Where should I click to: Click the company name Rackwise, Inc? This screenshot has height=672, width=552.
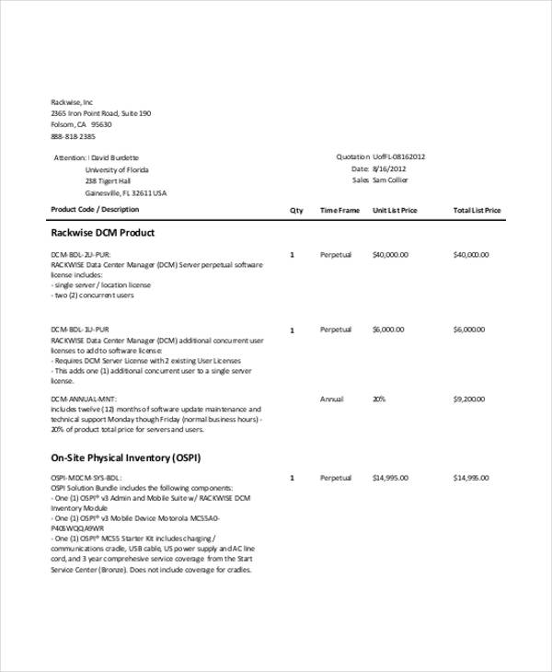[x=72, y=101]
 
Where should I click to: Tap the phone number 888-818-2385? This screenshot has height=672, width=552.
[x=73, y=136]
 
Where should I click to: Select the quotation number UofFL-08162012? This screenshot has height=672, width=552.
[x=398, y=156]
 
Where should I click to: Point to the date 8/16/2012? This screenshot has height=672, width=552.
[x=389, y=168]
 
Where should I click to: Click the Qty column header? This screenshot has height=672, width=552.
[x=296, y=211]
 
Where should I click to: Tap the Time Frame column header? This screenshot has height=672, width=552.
[x=339, y=211]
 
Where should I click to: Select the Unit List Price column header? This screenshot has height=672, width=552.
[x=395, y=211]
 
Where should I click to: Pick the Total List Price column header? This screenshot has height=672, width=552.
[x=477, y=211]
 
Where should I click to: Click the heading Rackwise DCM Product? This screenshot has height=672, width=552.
[x=103, y=233]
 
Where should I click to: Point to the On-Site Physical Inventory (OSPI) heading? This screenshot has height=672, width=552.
[x=126, y=457]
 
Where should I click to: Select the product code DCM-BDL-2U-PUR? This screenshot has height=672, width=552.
[x=81, y=254]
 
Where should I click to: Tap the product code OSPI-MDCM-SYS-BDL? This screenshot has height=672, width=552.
[x=86, y=479]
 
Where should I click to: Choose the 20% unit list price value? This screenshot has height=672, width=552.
[x=379, y=400]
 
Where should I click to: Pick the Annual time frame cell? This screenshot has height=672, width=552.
[x=332, y=400]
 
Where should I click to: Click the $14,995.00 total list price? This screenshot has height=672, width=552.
[x=472, y=479]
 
